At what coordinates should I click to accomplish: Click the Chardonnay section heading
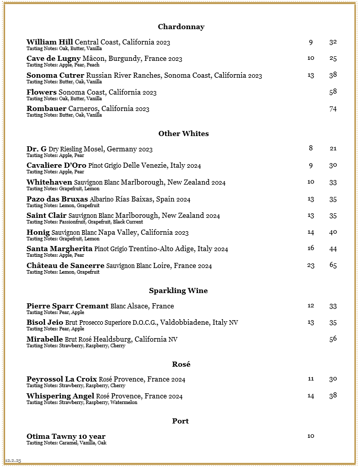pyautogui.click(x=181, y=27)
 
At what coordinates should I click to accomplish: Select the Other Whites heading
pyautogui.click(x=183, y=133)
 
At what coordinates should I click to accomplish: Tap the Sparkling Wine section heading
pyautogui.click(x=178, y=291)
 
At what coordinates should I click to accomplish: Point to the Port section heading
pyautogui.click(x=180, y=421)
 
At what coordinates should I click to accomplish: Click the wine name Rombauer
pyautogui.click(x=46, y=108)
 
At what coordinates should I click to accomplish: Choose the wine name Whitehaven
pyautogui.click(x=49, y=182)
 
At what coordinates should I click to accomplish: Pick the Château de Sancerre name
pyautogui.click(x=65, y=265)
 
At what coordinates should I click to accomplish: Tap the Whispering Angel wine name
pyautogui.click(x=60, y=396)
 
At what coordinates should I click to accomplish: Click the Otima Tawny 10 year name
pyautogui.click(x=66, y=436)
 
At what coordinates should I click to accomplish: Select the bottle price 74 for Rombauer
pyautogui.click(x=333, y=108)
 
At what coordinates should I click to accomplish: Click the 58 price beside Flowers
pyautogui.click(x=333, y=92)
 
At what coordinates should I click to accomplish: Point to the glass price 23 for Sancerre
pyautogui.click(x=310, y=265)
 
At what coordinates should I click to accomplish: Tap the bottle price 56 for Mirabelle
pyautogui.click(x=333, y=339)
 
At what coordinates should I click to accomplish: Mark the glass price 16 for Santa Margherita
pyautogui.click(x=310, y=248)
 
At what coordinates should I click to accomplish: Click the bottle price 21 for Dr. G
pyautogui.click(x=333, y=148)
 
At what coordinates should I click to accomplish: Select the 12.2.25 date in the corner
pyautogui.click(x=13, y=460)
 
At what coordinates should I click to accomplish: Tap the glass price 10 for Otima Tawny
pyautogui.click(x=310, y=436)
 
